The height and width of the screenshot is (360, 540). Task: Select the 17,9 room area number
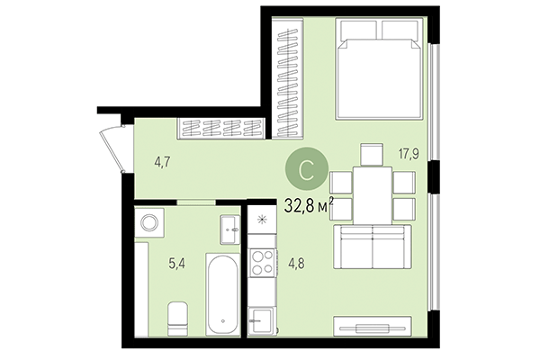click(x=410, y=153)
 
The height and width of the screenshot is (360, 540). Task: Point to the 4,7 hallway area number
click(x=162, y=163)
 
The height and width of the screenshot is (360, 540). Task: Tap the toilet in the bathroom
click(x=178, y=317)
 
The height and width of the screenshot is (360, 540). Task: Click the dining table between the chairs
click(x=370, y=195)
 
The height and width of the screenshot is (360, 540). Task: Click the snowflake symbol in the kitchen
click(x=262, y=220)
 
